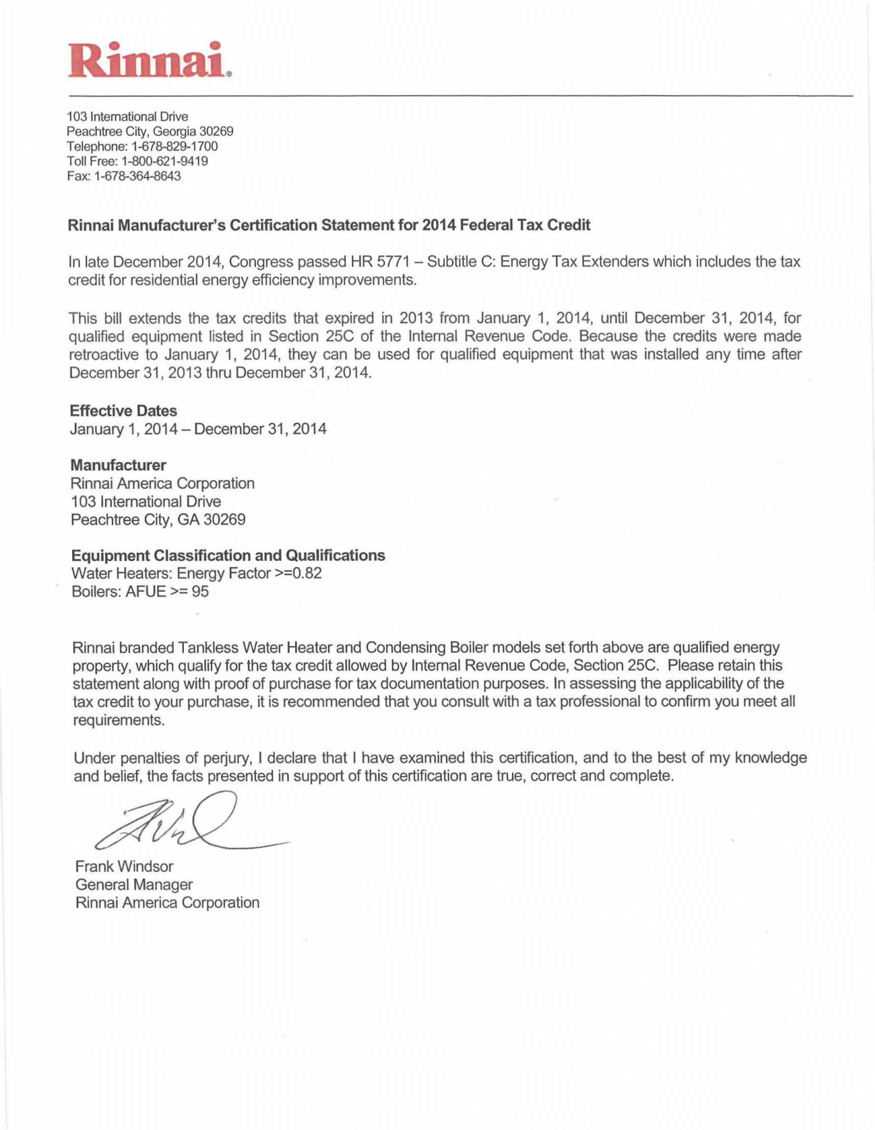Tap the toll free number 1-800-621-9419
[165, 161]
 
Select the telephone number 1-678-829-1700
[174, 146]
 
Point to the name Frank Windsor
[124, 866]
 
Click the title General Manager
[134, 884]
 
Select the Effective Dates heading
[124, 411]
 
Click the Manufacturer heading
[118, 465]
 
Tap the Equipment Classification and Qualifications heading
[228, 555]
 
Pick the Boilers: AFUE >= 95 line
[140, 591]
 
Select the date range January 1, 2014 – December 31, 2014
[198, 429]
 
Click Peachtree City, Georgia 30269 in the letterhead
[150, 131]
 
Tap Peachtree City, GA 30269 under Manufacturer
[158, 520]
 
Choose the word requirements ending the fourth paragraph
[119, 720]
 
